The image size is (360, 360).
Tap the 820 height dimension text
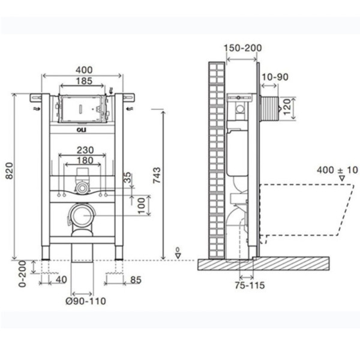click(x=7, y=175)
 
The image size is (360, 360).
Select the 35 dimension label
click(x=127, y=178)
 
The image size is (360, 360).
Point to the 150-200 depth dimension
click(x=242, y=49)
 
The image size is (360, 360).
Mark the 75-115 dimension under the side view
click(x=249, y=286)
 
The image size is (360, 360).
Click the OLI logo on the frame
click(x=81, y=127)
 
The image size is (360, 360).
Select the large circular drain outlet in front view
click(x=80, y=214)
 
